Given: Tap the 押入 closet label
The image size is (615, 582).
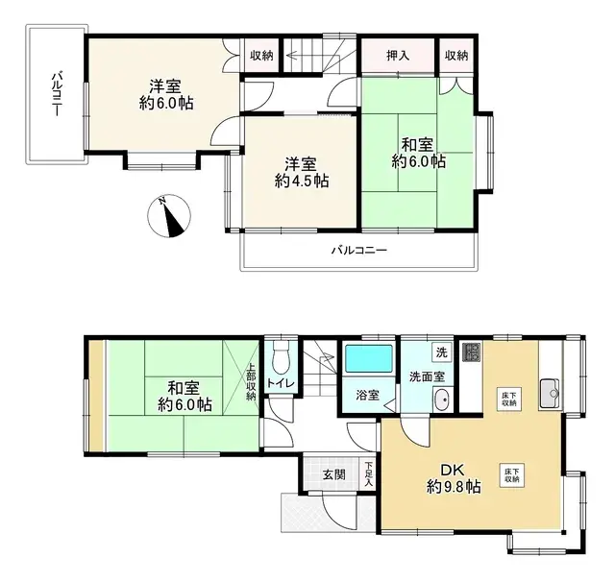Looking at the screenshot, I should click(x=397, y=55).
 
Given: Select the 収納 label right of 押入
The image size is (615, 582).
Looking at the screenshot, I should click(x=456, y=55).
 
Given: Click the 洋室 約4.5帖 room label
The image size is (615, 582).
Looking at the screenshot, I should click(x=300, y=171).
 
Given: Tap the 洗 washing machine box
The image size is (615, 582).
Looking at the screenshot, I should click(x=441, y=352).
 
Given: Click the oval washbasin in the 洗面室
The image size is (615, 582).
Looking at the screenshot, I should click(x=441, y=401).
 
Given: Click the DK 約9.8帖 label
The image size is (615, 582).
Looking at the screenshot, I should click(x=454, y=478).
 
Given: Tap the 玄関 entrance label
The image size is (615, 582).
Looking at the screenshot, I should click(x=334, y=474).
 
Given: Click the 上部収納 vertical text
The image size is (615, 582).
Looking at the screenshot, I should click(x=251, y=380).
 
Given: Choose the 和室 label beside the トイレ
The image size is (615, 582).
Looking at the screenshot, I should click(x=183, y=395).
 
